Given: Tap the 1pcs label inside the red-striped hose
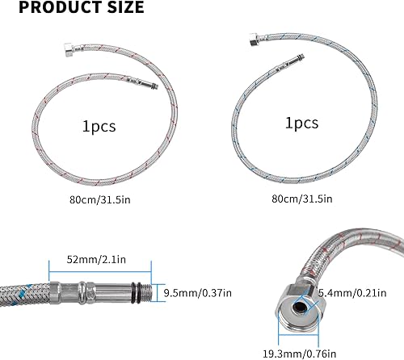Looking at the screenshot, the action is pos(99,126).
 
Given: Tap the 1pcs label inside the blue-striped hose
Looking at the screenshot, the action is pos(302,123).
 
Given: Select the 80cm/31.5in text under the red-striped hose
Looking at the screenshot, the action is pos(100,200).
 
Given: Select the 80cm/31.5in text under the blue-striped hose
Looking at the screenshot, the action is pos(302,199).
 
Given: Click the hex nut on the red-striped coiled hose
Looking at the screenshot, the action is pos(69,49).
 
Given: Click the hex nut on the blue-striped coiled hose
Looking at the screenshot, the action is pos(255,39).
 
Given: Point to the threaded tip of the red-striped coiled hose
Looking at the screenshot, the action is pos(154,86).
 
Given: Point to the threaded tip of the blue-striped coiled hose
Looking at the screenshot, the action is pos(301,57).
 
